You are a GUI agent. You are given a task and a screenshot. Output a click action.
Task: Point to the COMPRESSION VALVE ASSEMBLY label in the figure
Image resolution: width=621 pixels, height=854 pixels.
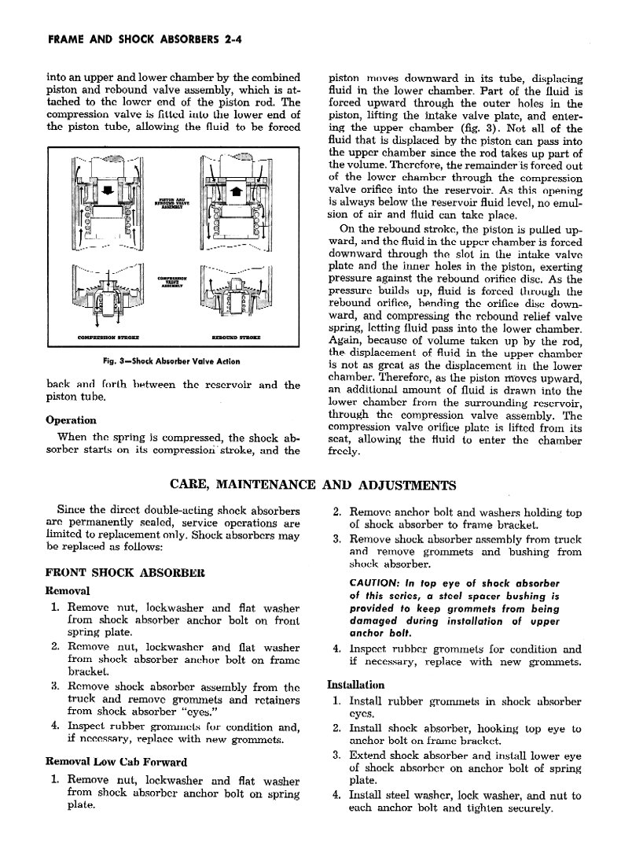pos(171,283)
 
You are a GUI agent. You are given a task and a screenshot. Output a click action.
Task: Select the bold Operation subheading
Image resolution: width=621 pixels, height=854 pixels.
pos(72,420)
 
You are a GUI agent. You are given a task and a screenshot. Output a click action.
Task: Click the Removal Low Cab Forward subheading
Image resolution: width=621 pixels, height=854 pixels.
pos(116,762)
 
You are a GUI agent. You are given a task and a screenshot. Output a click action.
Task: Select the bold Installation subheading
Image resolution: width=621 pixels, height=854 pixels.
pos(355,685)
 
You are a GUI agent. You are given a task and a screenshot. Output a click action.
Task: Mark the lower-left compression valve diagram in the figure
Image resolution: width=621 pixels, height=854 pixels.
pos(106,291)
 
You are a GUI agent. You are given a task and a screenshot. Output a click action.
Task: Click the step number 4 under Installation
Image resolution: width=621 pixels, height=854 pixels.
pos(336,795)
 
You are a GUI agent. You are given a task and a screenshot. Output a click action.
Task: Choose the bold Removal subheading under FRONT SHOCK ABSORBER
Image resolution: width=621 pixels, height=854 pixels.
pos(69,590)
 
